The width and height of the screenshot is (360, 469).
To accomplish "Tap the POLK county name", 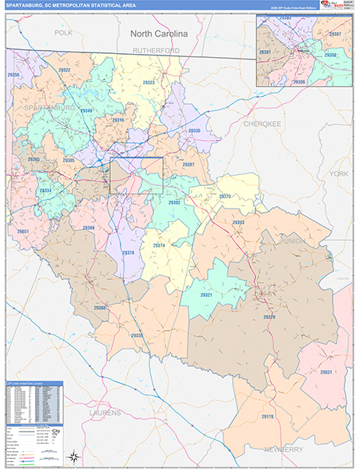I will point(63,34).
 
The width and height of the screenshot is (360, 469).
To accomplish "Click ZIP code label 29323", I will point(148,82).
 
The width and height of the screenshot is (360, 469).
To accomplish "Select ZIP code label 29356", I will point(13,74).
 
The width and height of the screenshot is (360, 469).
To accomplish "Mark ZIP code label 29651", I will point(23,231).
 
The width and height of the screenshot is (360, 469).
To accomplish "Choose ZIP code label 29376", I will point(128,252).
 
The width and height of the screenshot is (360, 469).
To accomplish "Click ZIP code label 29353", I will point(238,223).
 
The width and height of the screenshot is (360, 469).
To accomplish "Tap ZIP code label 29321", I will point(206,295).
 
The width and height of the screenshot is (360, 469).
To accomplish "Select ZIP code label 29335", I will point(137,335).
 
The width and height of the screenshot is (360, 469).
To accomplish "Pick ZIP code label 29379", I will point(269,317).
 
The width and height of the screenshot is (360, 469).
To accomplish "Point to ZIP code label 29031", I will point(326,372).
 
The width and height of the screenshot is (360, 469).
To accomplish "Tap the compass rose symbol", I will point(73,456).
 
